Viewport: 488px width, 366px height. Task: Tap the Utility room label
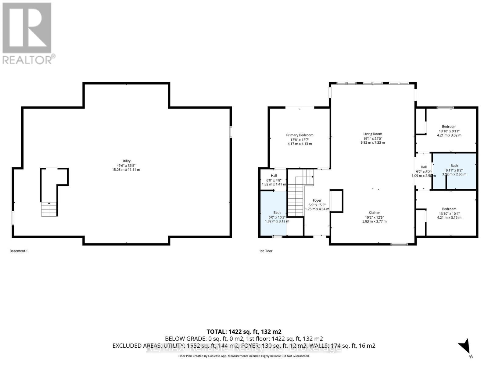coord(126,161)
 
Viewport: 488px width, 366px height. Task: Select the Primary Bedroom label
coord(300,135)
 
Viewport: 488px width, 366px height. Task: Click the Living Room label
coord(372,134)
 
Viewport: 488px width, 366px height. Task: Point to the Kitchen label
coord(374,213)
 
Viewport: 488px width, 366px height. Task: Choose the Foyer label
coord(317,200)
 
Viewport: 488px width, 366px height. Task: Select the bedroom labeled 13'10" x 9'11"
coord(449,131)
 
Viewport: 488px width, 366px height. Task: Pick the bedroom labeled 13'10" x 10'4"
coord(449,213)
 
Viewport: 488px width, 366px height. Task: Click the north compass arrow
coord(465,347)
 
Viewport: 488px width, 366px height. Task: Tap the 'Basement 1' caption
coord(19,251)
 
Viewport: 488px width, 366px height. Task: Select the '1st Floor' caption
coord(266,251)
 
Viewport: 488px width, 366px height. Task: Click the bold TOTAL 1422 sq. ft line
coord(244,332)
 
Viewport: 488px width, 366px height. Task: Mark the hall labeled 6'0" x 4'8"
coord(274,180)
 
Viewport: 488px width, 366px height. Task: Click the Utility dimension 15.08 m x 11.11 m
coord(126,170)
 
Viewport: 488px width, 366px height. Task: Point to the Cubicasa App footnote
coord(244,356)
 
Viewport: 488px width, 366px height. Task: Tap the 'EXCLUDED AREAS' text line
coord(244,346)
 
